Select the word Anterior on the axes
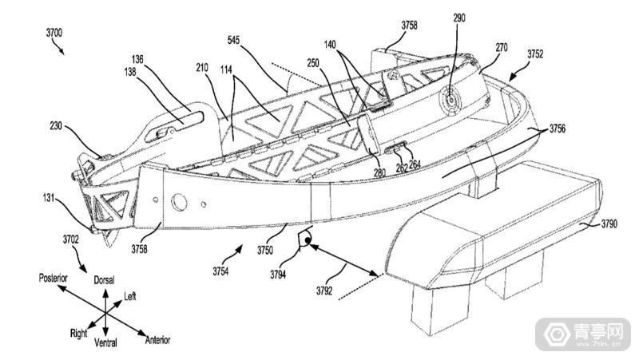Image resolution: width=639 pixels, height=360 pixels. [x=157, y=339]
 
